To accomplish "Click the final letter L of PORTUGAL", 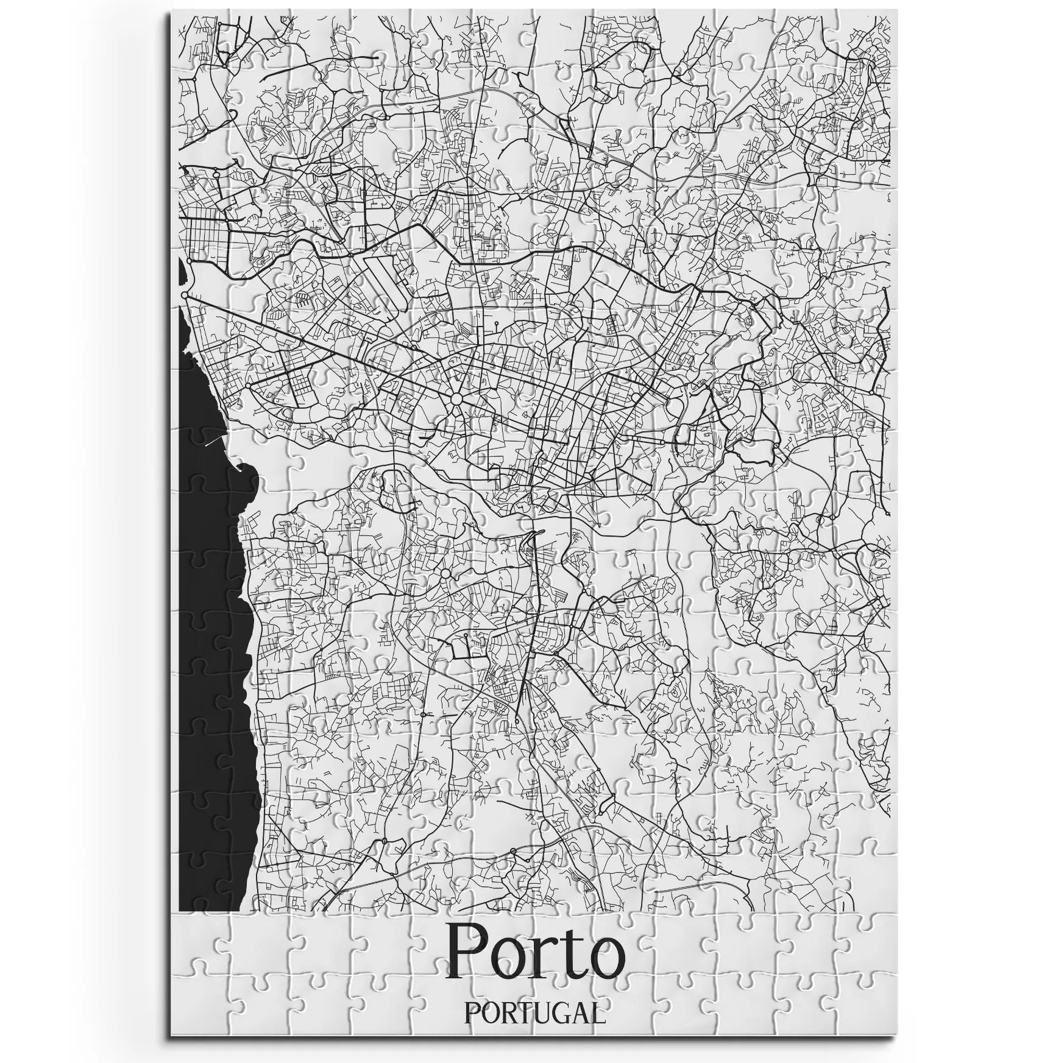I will (600, 1014).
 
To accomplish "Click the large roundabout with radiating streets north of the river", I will (456, 400).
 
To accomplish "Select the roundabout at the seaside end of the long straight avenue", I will (185, 295).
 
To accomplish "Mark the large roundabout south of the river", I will (445, 573).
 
